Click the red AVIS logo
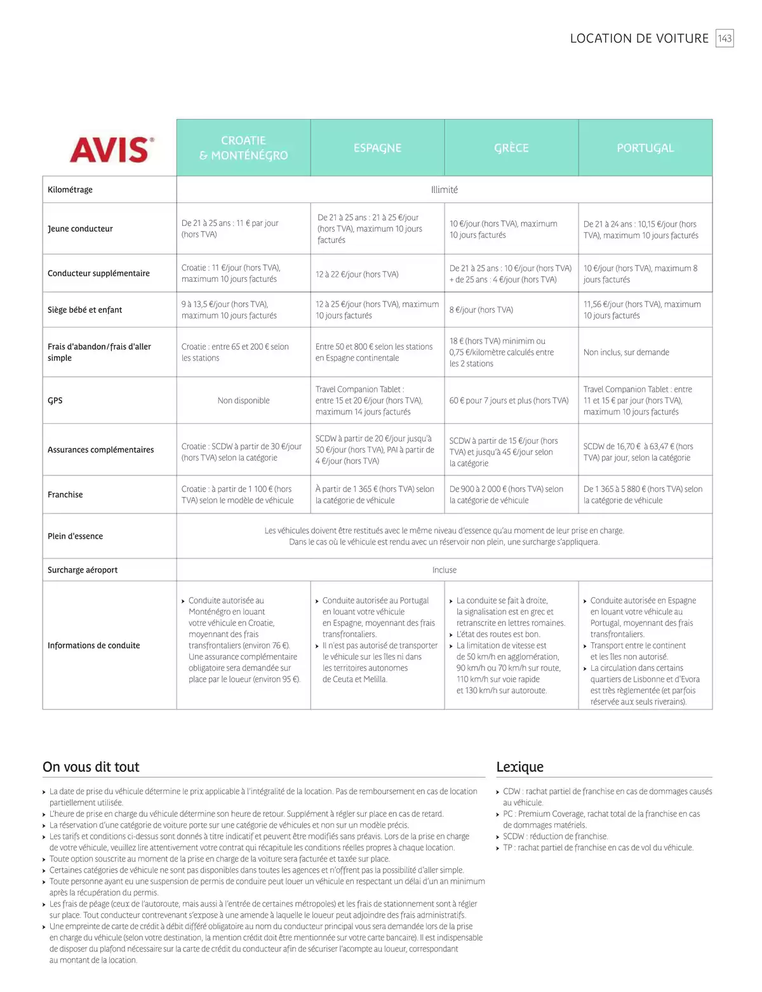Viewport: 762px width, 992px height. pos(111,149)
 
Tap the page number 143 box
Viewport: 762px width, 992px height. pos(725,38)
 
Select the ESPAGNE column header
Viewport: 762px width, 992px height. pos(377,148)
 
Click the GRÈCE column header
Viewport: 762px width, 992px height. pos(511,148)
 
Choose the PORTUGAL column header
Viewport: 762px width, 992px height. pos(645,148)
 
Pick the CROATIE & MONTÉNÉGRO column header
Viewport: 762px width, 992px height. pos(243,148)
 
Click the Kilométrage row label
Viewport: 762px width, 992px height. pos(70,190)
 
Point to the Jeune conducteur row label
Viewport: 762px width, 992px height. pos(80,228)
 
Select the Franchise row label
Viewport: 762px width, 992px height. pos(65,494)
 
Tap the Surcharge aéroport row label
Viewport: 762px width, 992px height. pos(83,570)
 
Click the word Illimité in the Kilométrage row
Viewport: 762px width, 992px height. pos(444,190)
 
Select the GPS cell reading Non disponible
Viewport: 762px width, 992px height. pos(243,400)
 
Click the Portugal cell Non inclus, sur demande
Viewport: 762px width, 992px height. pos(626,352)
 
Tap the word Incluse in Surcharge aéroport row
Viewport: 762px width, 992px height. pos(444,570)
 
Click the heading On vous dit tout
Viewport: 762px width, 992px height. pos(91,767)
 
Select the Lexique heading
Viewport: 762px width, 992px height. pos(519,767)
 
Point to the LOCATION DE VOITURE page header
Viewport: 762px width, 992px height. pos(639,38)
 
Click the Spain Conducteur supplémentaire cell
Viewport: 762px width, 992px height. pos(357,274)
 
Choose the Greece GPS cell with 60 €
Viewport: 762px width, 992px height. pos(509,400)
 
